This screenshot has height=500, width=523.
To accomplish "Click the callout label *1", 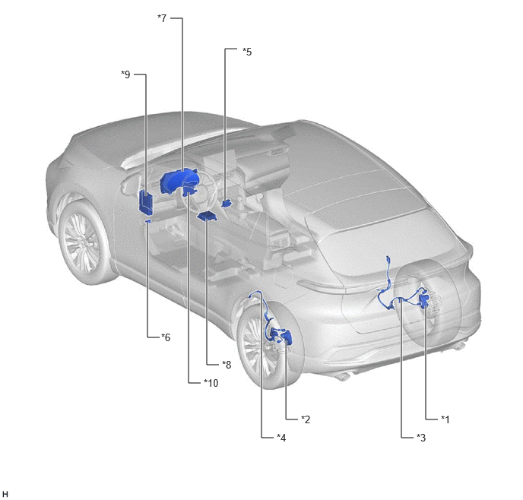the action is coord(445,419).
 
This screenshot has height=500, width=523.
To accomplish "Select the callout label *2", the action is coord(306,419).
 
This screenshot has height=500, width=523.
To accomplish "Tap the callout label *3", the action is coord(421,438).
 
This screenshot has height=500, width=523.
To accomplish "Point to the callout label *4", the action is coord(281,438).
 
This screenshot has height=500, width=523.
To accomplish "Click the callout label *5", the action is coord(247,52).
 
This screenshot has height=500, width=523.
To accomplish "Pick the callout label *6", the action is coord(166,337).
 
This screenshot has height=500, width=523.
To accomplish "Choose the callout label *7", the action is coord(162,18).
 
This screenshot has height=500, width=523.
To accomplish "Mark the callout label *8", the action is coord(227,365).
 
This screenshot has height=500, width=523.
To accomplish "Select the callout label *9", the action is coord(125,74).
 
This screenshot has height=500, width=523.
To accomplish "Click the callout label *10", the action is coord(211,383).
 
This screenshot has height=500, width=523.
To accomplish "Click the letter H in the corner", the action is coord(5,494).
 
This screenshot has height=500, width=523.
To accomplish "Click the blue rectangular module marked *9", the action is coord(146,201).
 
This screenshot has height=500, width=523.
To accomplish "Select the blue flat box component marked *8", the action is coord(207,217).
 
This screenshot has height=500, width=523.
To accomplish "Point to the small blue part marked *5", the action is coord(227,203).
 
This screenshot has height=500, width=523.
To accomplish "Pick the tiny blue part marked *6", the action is coord(148,220).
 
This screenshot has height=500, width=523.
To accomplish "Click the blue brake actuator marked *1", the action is coord(424,300).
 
